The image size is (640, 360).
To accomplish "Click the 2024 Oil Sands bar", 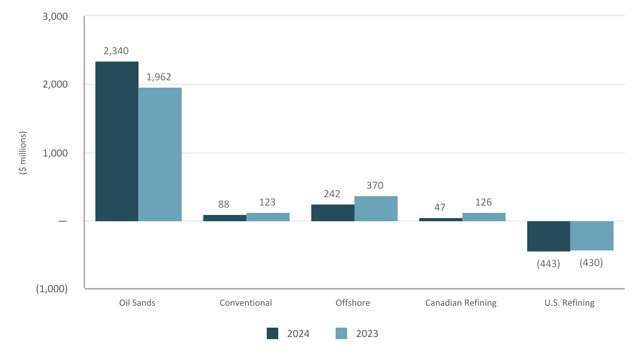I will (116, 141).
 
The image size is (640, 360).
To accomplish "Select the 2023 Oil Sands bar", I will (160, 154).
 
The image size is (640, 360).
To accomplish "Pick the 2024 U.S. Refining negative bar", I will (548, 236).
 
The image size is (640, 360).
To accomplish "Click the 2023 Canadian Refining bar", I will (484, 217).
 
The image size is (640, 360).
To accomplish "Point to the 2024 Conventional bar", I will (224, 218).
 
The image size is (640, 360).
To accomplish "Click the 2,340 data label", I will (116, 51).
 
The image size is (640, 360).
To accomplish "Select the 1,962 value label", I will (159, 77).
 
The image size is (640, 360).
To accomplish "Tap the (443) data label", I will (548, 264).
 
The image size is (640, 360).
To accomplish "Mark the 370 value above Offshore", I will (376, 185).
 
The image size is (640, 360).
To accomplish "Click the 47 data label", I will (440, 207).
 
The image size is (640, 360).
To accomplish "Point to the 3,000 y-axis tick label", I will (54, 17).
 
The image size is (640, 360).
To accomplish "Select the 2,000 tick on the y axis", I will (54, 85).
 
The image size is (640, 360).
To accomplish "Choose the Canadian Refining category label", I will (461, 303).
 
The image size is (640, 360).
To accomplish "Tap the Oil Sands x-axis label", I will (137, 303).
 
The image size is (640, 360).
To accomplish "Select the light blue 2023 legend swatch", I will (341, 334).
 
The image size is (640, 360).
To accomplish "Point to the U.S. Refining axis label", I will (570, 303).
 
